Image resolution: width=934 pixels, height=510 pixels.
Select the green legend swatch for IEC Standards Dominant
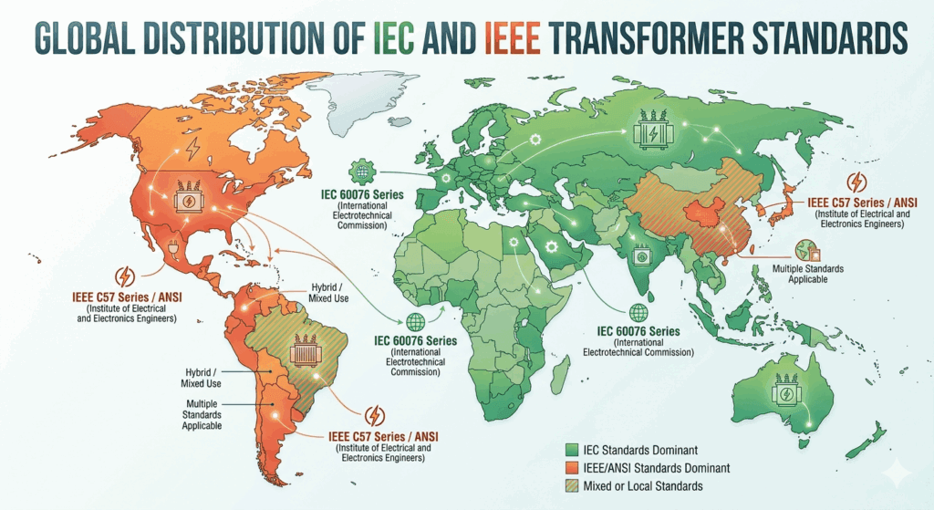[572, 448]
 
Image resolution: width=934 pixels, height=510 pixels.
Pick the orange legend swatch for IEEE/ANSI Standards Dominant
[572, 467]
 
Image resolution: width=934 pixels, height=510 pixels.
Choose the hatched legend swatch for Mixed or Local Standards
[572, 486]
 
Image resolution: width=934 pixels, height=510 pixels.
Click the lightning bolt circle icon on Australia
[784, 394]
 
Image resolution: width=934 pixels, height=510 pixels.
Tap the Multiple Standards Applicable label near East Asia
[807, 274]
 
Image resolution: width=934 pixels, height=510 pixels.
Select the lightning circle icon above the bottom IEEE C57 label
[375, 416]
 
